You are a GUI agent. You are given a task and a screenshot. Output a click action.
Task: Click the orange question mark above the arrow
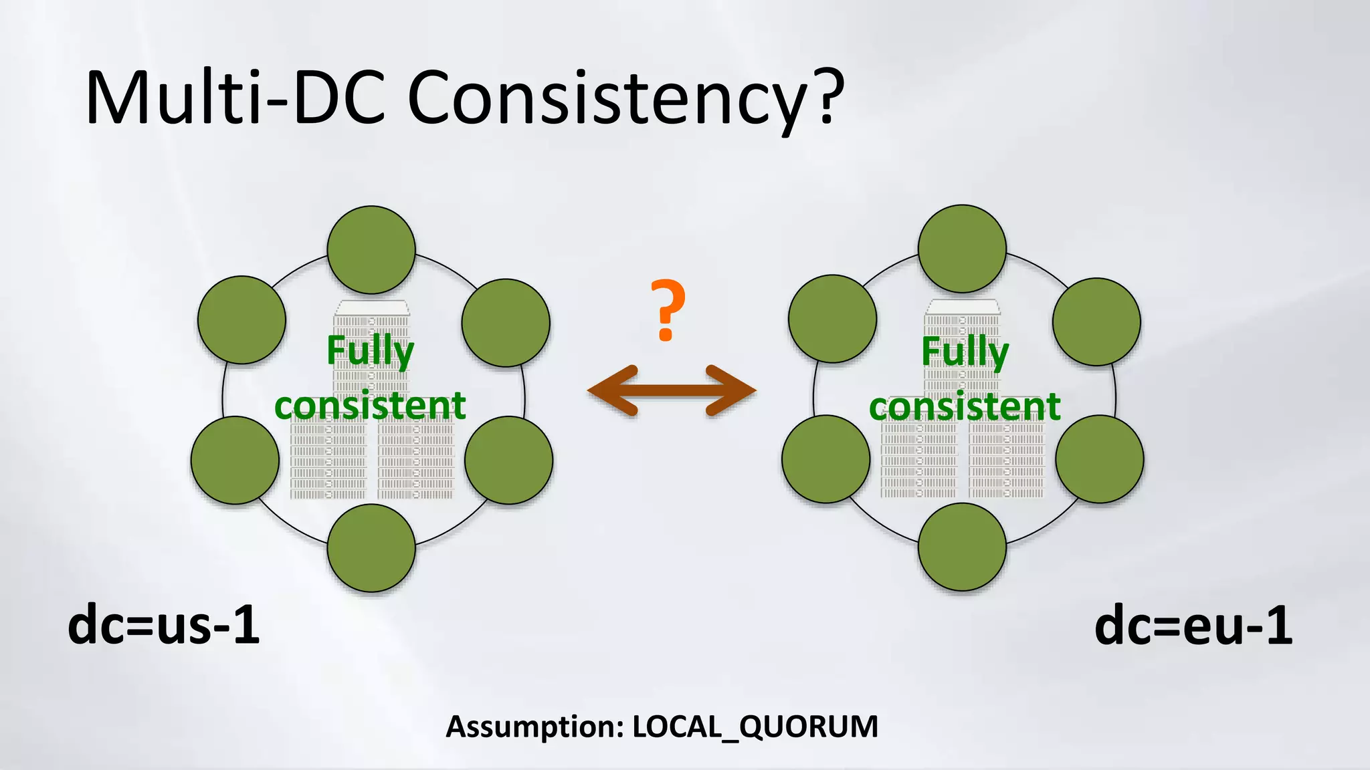click(x=667, y=310)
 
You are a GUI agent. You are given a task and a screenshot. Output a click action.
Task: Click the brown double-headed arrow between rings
click(x=672, y=391)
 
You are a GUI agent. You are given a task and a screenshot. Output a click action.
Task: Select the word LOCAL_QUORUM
click(x=755, y=727)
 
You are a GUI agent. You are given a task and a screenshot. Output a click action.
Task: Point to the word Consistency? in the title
click(x=625, y=99)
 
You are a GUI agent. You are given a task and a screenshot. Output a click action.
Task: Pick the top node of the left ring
click(x=371, y=249)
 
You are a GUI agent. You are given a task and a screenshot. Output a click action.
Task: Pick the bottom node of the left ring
click(x=371, y=548)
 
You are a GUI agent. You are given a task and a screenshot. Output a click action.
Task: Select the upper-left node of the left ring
click(x=241, y=319)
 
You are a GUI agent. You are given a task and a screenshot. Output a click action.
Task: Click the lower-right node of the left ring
click(x=508, y=460)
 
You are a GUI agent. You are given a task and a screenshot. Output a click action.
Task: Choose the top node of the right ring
click(x=962, y=249)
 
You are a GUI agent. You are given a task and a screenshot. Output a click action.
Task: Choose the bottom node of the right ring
click(x=962, y=547)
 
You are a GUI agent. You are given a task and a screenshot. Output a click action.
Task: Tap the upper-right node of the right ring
click(x=1096, y=322)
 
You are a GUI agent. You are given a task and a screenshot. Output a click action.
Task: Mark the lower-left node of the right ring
click(x=826, y=459)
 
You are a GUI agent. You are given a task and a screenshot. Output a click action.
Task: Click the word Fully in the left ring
click(x=370, y=351)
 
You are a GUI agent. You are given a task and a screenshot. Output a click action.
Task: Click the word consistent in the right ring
click(x=965, y=406)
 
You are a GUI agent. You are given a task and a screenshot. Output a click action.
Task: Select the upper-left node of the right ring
click(x=832, y=319)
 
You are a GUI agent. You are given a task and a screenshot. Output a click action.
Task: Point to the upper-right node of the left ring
click(x=506, y=323)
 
